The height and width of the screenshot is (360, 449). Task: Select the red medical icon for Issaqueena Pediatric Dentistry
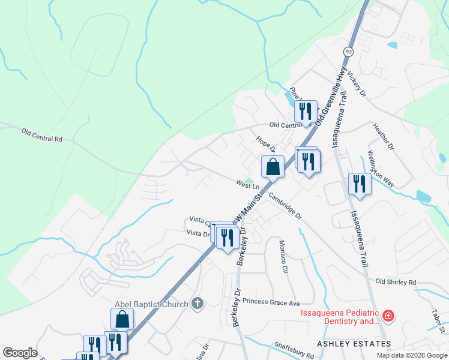388,315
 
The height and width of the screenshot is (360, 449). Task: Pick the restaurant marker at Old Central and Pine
306,112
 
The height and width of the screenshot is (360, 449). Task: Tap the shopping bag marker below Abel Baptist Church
122,319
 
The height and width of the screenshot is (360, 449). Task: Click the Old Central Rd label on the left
42,134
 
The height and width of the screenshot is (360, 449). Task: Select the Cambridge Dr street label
285,206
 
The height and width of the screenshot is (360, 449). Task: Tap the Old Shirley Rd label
396,281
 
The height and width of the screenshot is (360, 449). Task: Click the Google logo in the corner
20,353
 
